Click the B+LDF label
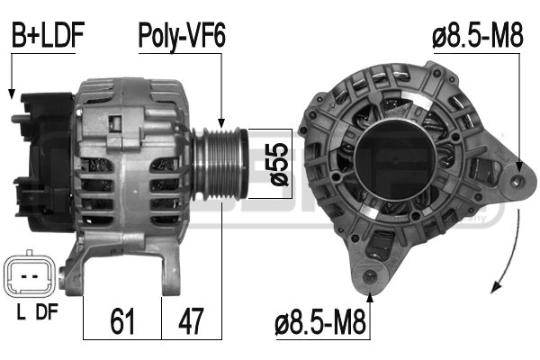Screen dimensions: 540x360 pos(49,35)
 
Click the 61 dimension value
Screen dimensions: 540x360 pos(122,321)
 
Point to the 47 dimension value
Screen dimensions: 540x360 pos(191,321)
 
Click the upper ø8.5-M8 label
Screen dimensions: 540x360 pos(478,34)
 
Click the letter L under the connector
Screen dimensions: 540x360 pos(22,311)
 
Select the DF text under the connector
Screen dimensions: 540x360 pos(47,311)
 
